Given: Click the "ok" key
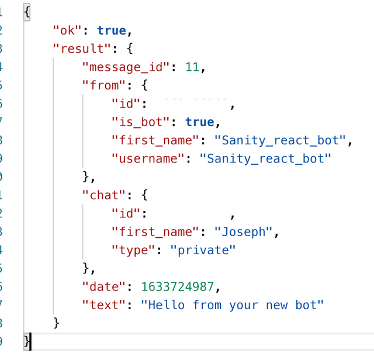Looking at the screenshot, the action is pos(67,30).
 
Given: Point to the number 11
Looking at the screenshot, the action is pos(192,67).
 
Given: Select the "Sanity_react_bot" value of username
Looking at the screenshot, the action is pos(266,158).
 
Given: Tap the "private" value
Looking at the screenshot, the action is pos(203,250).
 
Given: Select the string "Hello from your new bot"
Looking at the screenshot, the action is pos(233,304).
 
